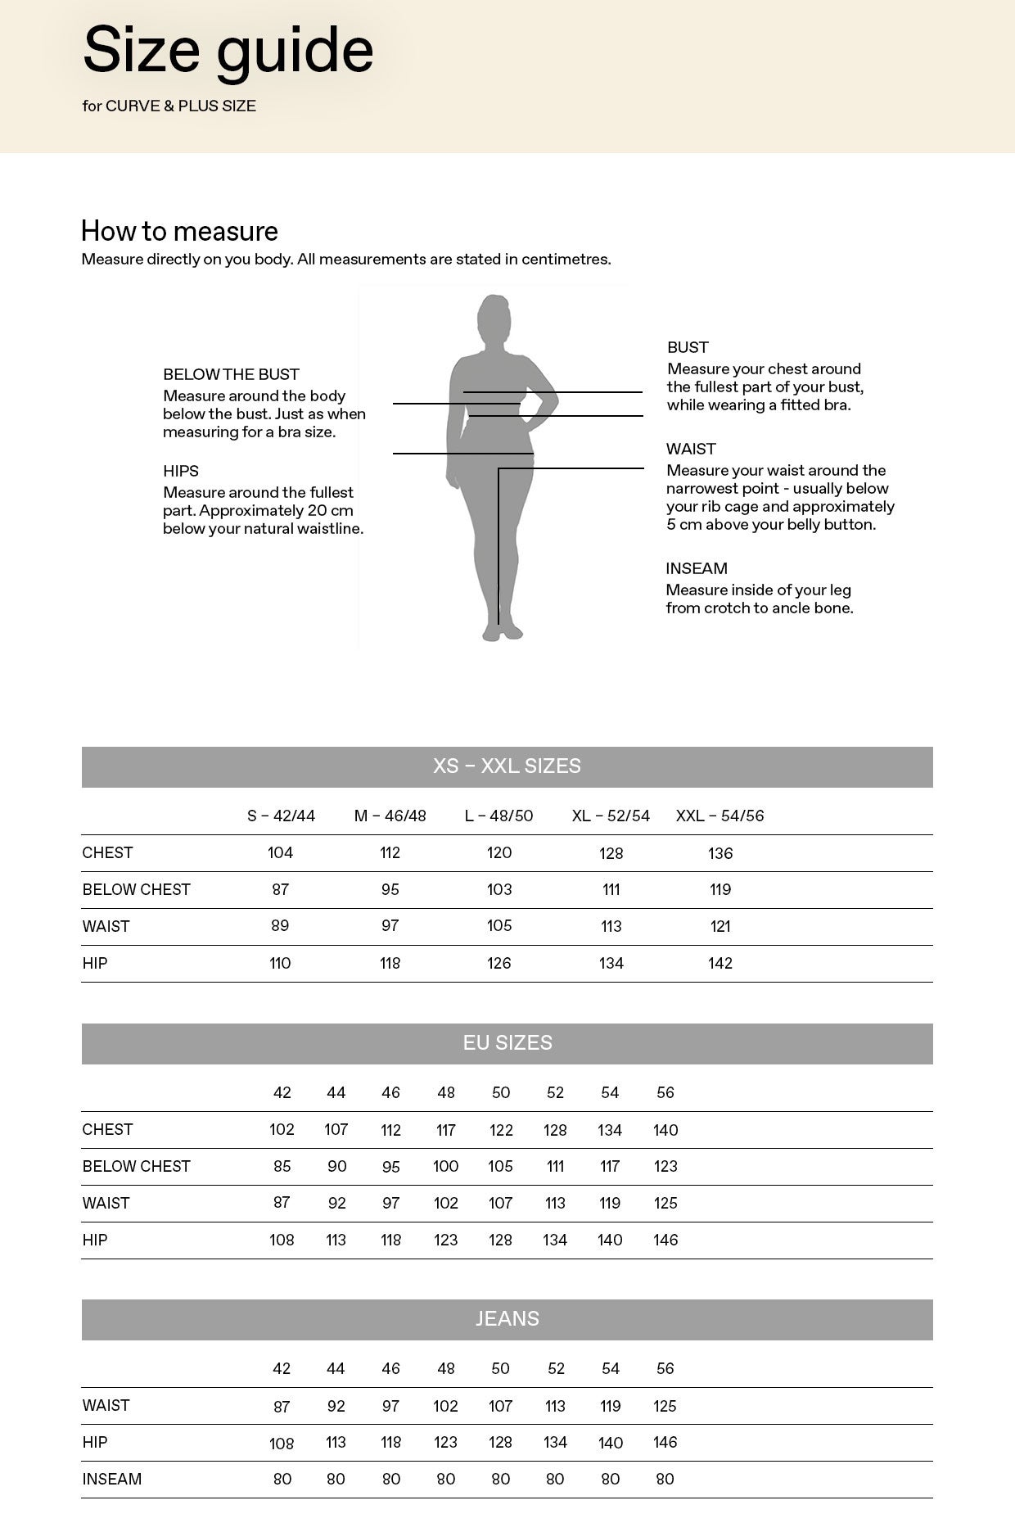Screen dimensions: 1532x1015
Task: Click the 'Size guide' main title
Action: [228, 51]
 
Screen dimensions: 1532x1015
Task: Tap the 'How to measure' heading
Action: [179, 231]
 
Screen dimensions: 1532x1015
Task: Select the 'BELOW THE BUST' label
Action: [231, 374]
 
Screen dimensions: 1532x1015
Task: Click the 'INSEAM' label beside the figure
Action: [696, 568]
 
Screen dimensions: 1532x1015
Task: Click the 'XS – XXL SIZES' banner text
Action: [507, 766]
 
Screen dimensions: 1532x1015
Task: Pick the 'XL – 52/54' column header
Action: [611, 816]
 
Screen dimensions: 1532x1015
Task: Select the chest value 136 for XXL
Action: [720, 853]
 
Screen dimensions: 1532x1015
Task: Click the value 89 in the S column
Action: [280, 925]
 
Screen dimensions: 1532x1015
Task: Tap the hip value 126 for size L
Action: [499, 963]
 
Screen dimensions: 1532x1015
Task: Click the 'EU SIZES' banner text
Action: [508, 1043]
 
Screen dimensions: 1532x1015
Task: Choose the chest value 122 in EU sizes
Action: [501, 1130]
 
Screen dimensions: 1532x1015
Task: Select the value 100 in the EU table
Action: [445, 1166]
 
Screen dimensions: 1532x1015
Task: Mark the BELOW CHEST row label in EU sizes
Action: [136, 1166]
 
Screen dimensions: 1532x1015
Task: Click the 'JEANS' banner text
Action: [508, 1319]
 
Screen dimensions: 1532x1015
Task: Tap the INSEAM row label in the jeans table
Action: [112, 1479]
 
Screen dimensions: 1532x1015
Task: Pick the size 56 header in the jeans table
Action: [665, 1368]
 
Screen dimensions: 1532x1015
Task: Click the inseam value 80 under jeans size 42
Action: [282, 1479]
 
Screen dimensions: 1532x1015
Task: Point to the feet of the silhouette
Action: [501, 632]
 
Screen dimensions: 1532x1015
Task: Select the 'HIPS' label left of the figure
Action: [181, 471]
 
